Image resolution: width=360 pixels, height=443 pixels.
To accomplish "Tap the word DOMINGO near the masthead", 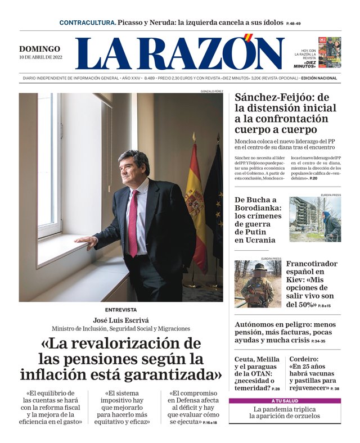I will coord(39,49).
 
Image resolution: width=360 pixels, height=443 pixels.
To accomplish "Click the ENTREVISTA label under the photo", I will coord(120,310).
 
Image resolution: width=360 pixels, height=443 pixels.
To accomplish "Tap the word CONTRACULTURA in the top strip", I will coord(88,22).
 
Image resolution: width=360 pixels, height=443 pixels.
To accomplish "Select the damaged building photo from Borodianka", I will coord(314,219).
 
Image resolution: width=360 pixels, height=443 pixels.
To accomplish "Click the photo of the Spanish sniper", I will coord(258,284).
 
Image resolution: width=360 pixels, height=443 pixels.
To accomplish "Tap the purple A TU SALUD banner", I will coord(284,401).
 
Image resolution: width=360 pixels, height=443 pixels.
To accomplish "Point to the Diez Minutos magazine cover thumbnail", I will coord(330,52).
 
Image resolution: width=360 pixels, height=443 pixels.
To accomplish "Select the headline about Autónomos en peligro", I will coord(287,332).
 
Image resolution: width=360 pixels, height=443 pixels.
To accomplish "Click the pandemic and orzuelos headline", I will coord(284,413).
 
